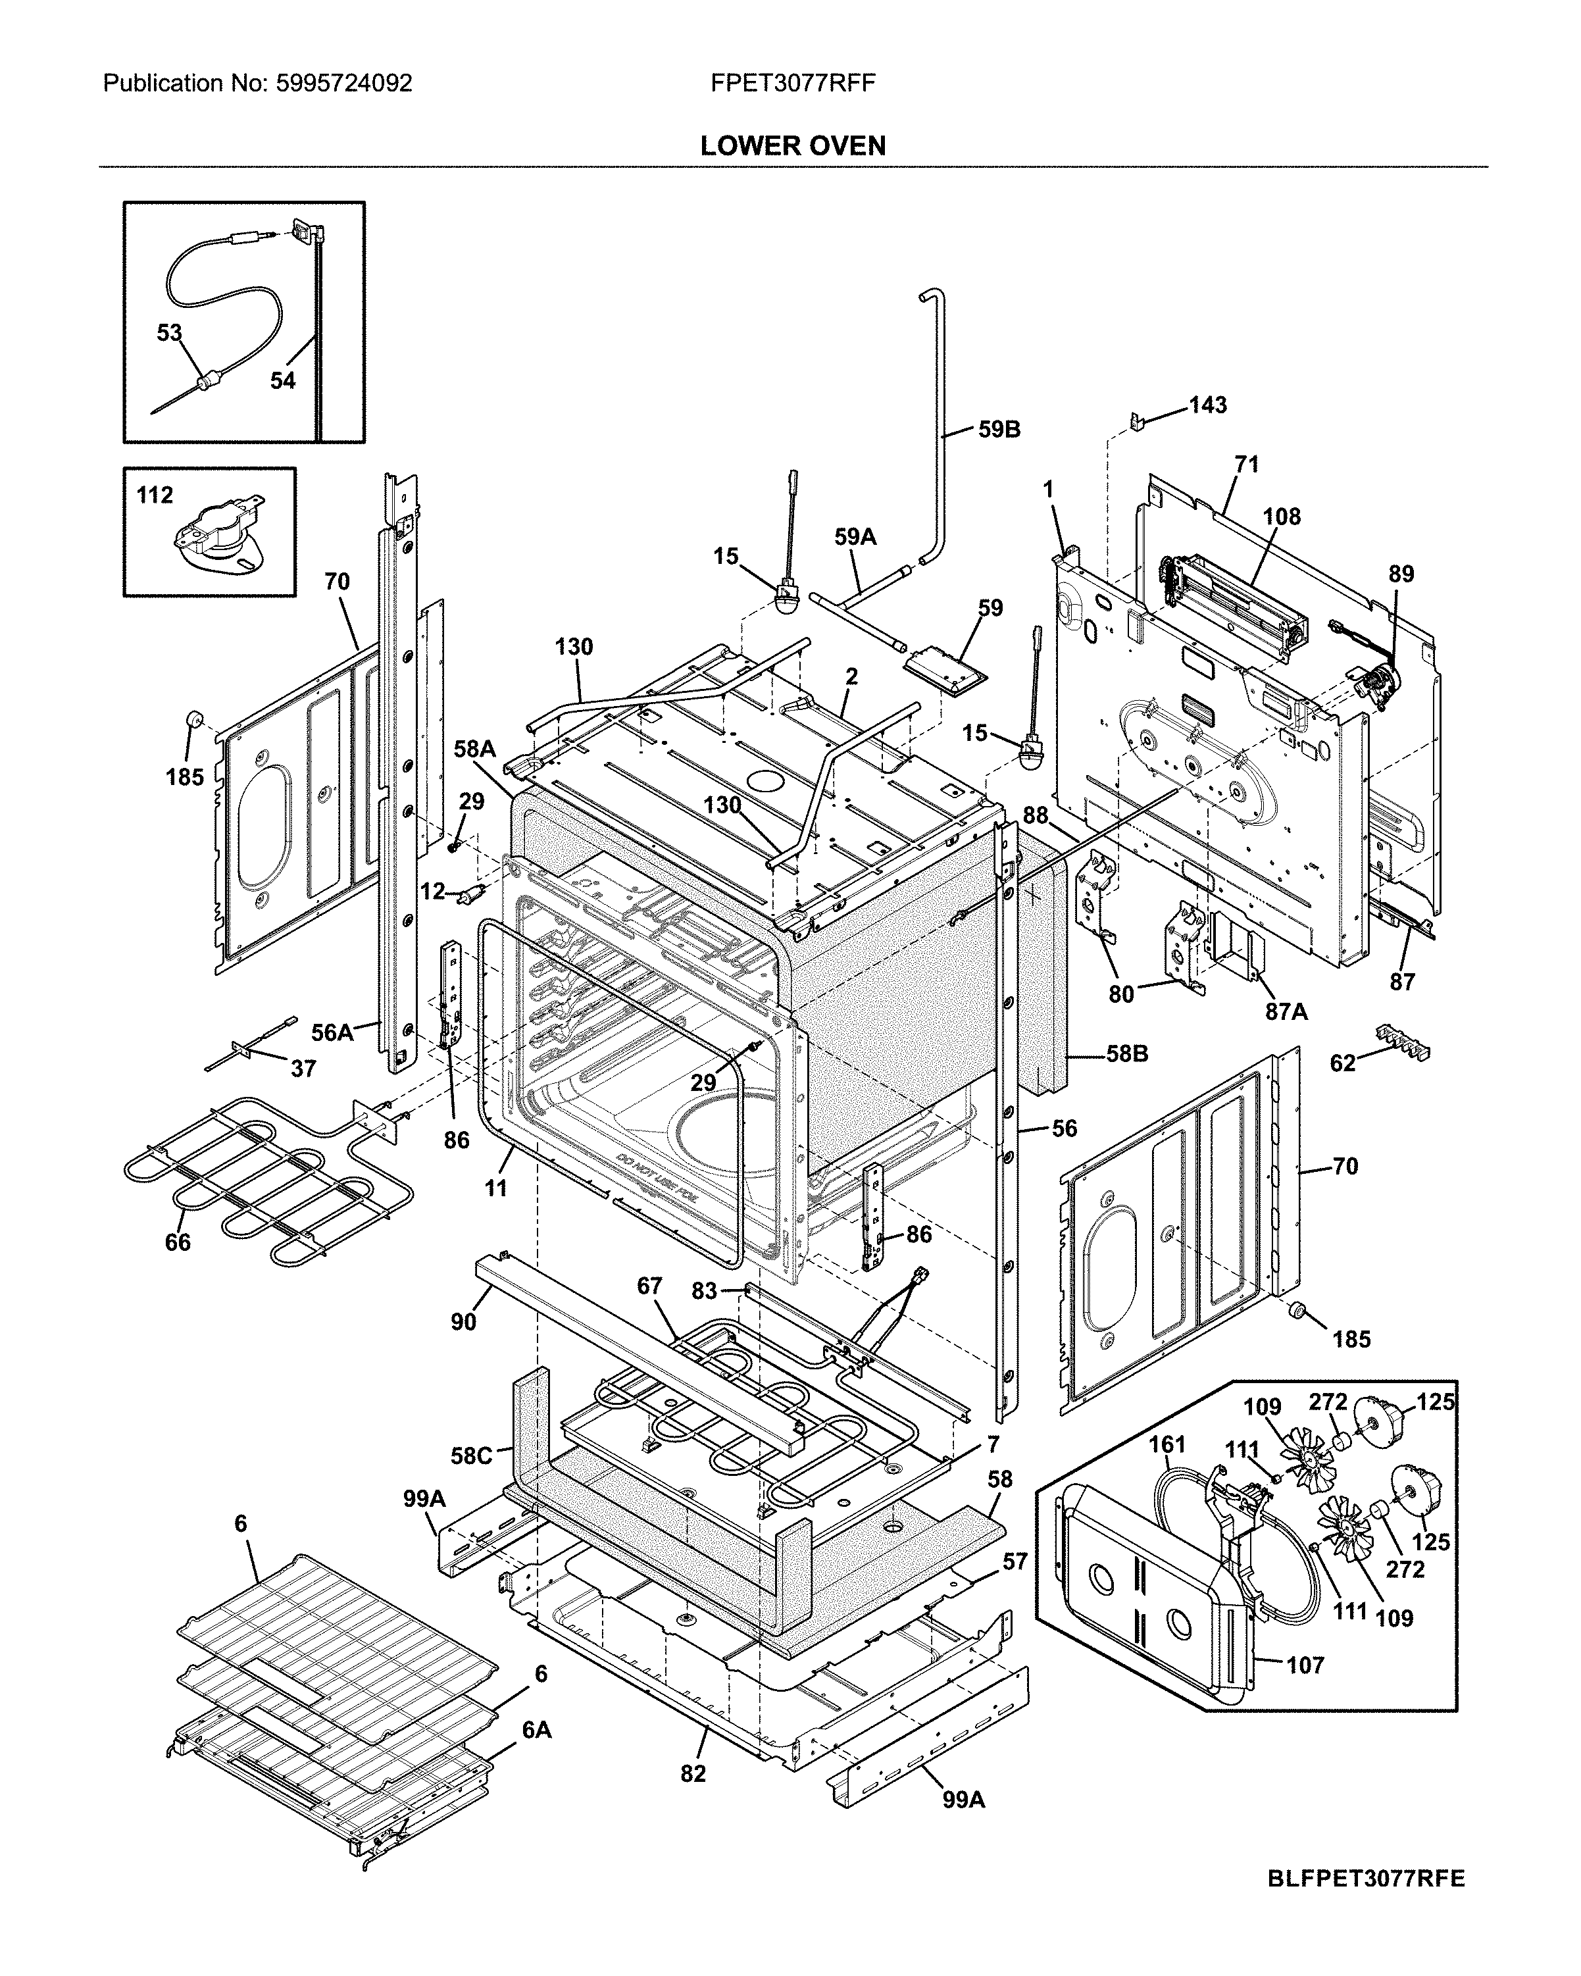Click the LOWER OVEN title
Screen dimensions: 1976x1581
[x=792, y=145]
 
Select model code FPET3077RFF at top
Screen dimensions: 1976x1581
[x=792, y=84]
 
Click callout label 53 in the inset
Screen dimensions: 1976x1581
[x=170, y=333]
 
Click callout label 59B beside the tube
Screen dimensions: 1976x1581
[x=998, y=429]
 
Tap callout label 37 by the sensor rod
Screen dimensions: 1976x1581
[x=303, y=1068]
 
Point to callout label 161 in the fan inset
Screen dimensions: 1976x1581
[x=1167, y=1444]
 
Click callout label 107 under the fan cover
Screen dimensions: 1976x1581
[x=1304, y=1664]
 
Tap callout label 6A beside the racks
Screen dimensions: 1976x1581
[x=536, y=1729]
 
